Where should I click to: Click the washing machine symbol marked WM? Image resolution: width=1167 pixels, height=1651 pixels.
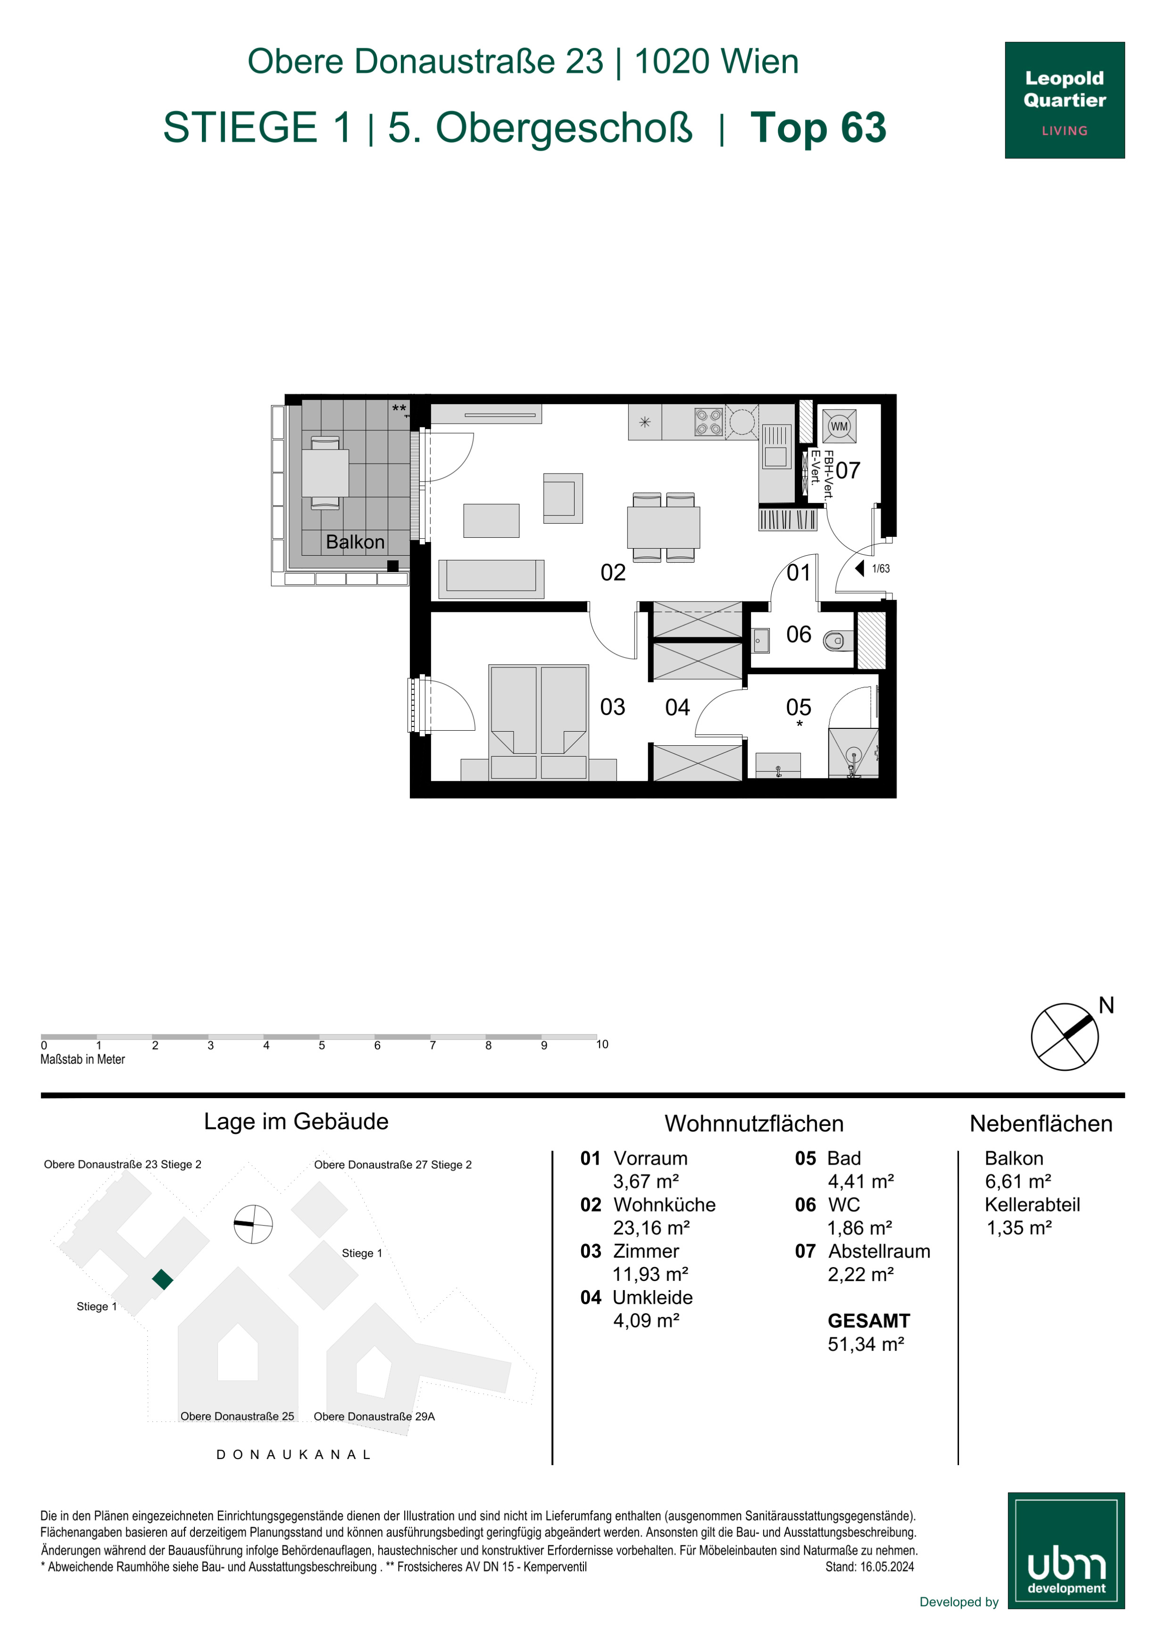coord(839,426)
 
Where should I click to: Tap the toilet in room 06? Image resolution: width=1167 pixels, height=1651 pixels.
coord(838,640)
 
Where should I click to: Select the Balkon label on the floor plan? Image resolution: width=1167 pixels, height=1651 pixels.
coord(355,542)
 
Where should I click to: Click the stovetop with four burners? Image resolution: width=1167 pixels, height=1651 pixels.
coord(708,422)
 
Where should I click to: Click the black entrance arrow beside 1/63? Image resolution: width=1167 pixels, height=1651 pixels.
coord(859,568)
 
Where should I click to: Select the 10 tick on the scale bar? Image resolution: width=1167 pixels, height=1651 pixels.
coord(602,1044)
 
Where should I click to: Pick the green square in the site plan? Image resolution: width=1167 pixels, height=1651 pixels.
coord(163,1279)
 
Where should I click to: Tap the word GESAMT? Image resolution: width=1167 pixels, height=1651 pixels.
coord(868,1320)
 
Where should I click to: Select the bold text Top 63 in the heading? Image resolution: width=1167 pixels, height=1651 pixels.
coord(818,127)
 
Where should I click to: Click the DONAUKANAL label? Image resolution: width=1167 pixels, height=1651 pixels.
coord(293,1455)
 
